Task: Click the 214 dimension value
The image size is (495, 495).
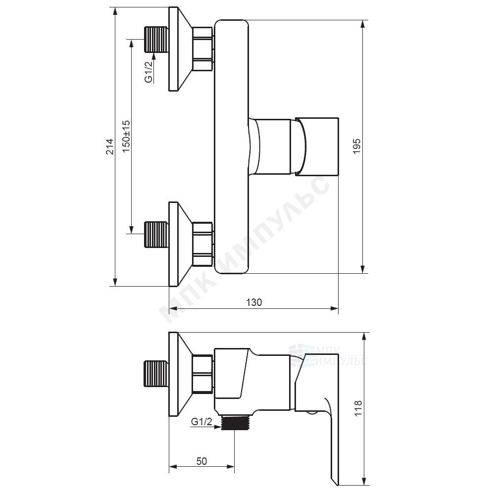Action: pos(109,146)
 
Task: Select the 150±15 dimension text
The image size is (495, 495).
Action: pos(126,137)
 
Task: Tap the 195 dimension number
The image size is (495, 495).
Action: pos(357,146)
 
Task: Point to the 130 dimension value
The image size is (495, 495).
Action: pos(254,302)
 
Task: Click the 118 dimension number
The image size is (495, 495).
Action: pos(358,409)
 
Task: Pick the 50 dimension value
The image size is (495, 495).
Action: pos(202,461)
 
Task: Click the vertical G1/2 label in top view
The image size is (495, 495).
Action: pos(148,72)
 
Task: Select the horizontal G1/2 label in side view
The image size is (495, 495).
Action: pos(202,422)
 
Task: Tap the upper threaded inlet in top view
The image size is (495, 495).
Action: pos(156,40)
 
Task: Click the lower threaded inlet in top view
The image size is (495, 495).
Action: pos(156,235)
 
